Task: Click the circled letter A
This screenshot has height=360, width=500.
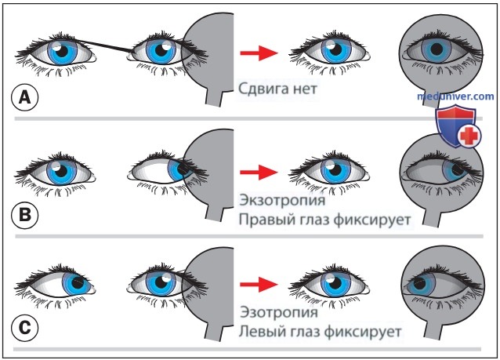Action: coord(24,97)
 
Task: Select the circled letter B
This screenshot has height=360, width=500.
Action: coord(24,214)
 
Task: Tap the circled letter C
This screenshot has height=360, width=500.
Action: coord(24,328)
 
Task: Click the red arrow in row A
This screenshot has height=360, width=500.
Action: coord(259,53)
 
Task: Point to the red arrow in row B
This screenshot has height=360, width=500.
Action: coord(259,172)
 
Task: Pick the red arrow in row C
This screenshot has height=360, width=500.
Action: coord(259,284)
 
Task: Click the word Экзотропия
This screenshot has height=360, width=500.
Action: coord(282,201)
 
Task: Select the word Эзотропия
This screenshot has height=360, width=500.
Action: coord(279,312)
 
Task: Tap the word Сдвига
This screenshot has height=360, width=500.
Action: coord(259,89)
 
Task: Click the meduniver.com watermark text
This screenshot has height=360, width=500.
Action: coord(455,96)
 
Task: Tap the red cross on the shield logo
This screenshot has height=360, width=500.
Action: coord(468,136)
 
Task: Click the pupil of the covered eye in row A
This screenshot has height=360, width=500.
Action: coord(437,49)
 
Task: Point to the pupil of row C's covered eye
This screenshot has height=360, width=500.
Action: coord(419,283)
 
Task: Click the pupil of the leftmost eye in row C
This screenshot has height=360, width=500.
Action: coord(78,282)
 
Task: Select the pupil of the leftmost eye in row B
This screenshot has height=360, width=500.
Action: coord(61,171)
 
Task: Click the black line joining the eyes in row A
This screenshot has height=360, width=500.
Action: coord(104,45)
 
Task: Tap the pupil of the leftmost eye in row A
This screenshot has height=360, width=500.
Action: coord(62,51)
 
